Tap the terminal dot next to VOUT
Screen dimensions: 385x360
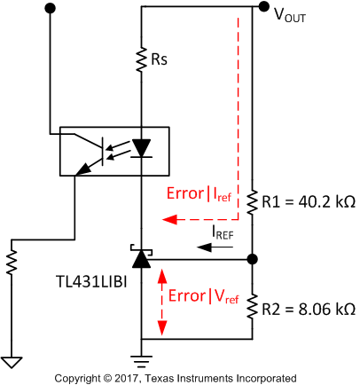[x=263, y=7]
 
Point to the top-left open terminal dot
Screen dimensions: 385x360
[x=50, y=7]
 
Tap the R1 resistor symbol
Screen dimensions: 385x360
[x=253, y=202]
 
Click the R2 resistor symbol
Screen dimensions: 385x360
[x=253, y=307]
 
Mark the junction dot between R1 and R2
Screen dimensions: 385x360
[x=253, y=259]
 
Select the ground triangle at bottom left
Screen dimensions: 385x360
[x=12, y=362]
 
